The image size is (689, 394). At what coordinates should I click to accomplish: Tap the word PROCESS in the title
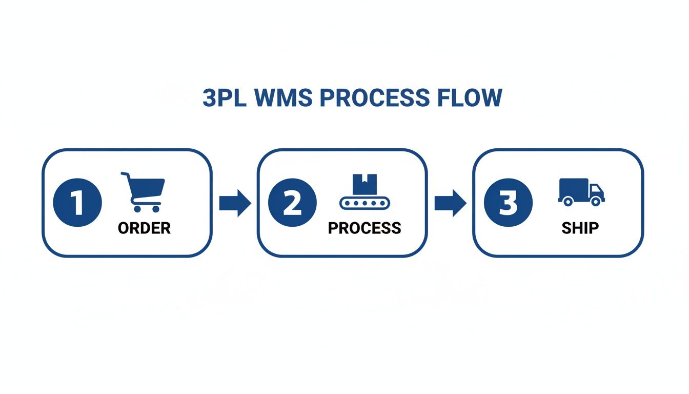[374, 98]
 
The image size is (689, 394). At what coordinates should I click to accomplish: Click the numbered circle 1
[77, 203]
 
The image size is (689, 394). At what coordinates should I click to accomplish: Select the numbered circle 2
[292, 203]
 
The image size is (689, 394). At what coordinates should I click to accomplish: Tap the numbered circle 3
[508, 203]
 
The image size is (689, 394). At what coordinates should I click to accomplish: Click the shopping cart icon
[144, 192]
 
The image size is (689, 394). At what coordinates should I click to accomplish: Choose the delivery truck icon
[581, 192]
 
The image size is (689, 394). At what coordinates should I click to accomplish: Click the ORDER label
[144, 228]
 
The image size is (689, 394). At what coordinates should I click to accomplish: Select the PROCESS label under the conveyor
[364, 228]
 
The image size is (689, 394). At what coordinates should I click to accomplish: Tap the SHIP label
[580, 228]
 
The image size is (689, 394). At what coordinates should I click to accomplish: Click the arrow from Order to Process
[235, 203]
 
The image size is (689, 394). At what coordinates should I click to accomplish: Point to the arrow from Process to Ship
[450, 203]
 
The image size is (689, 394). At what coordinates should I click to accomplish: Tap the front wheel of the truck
[595, 202]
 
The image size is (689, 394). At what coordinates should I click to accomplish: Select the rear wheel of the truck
[568, 202]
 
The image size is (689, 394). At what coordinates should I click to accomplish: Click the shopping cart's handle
[125, 174]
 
